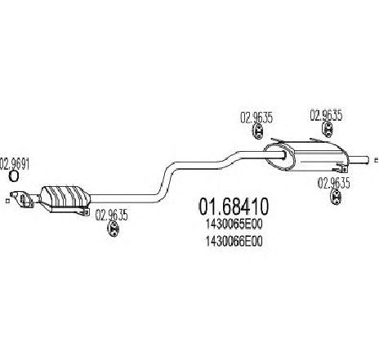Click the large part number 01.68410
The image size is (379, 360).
point(234,207)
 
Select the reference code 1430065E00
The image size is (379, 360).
point(234,224)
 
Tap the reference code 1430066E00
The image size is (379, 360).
point(234,241)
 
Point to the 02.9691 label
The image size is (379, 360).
point(15,164)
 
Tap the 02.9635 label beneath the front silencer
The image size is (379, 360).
point(111,216)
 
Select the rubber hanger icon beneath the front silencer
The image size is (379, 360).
point(113,229)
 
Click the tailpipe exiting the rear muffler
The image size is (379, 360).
point(359,160)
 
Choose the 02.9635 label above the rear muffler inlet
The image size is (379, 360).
point(256,118)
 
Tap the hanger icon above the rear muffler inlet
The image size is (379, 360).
point(257,131)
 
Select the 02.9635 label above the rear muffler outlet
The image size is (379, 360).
point(326,115)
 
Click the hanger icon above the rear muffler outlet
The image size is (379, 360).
point(327,128)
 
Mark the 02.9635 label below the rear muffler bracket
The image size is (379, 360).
point(333,183)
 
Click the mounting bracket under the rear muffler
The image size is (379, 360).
point(341,167)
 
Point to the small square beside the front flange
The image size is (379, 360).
point(7,201)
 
